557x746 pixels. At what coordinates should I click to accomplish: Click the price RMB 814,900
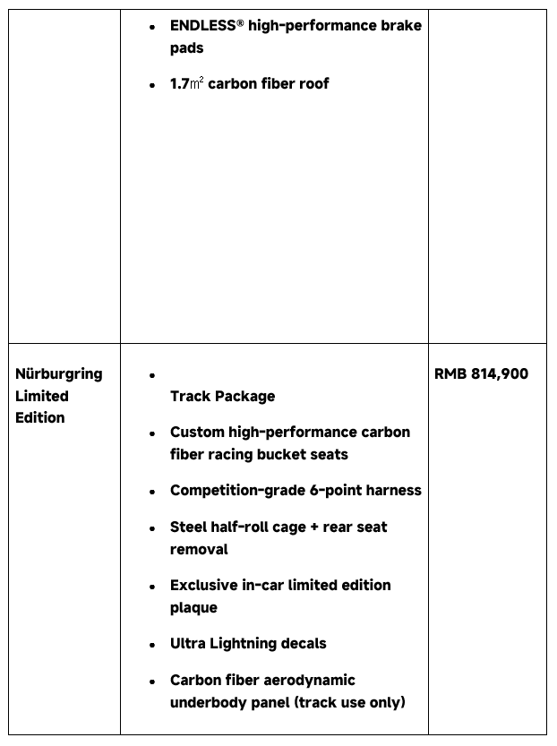click(481, 374)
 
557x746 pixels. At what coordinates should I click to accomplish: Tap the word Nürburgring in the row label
click(59, 374)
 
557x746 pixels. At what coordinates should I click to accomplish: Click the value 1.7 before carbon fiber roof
click(179, 84)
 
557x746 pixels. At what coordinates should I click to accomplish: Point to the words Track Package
click(222, 397)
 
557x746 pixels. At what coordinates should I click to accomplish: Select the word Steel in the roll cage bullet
click(189, 527)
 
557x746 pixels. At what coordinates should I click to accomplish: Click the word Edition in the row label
click(40, 418)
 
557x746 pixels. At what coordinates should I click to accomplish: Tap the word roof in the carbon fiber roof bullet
click(313, 84)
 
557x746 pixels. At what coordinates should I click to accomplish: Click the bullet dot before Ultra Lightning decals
click(153, 645)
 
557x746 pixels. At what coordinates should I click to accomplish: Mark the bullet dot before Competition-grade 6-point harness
click(153, 492)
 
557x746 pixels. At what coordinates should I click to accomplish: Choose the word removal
click(199, 550)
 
